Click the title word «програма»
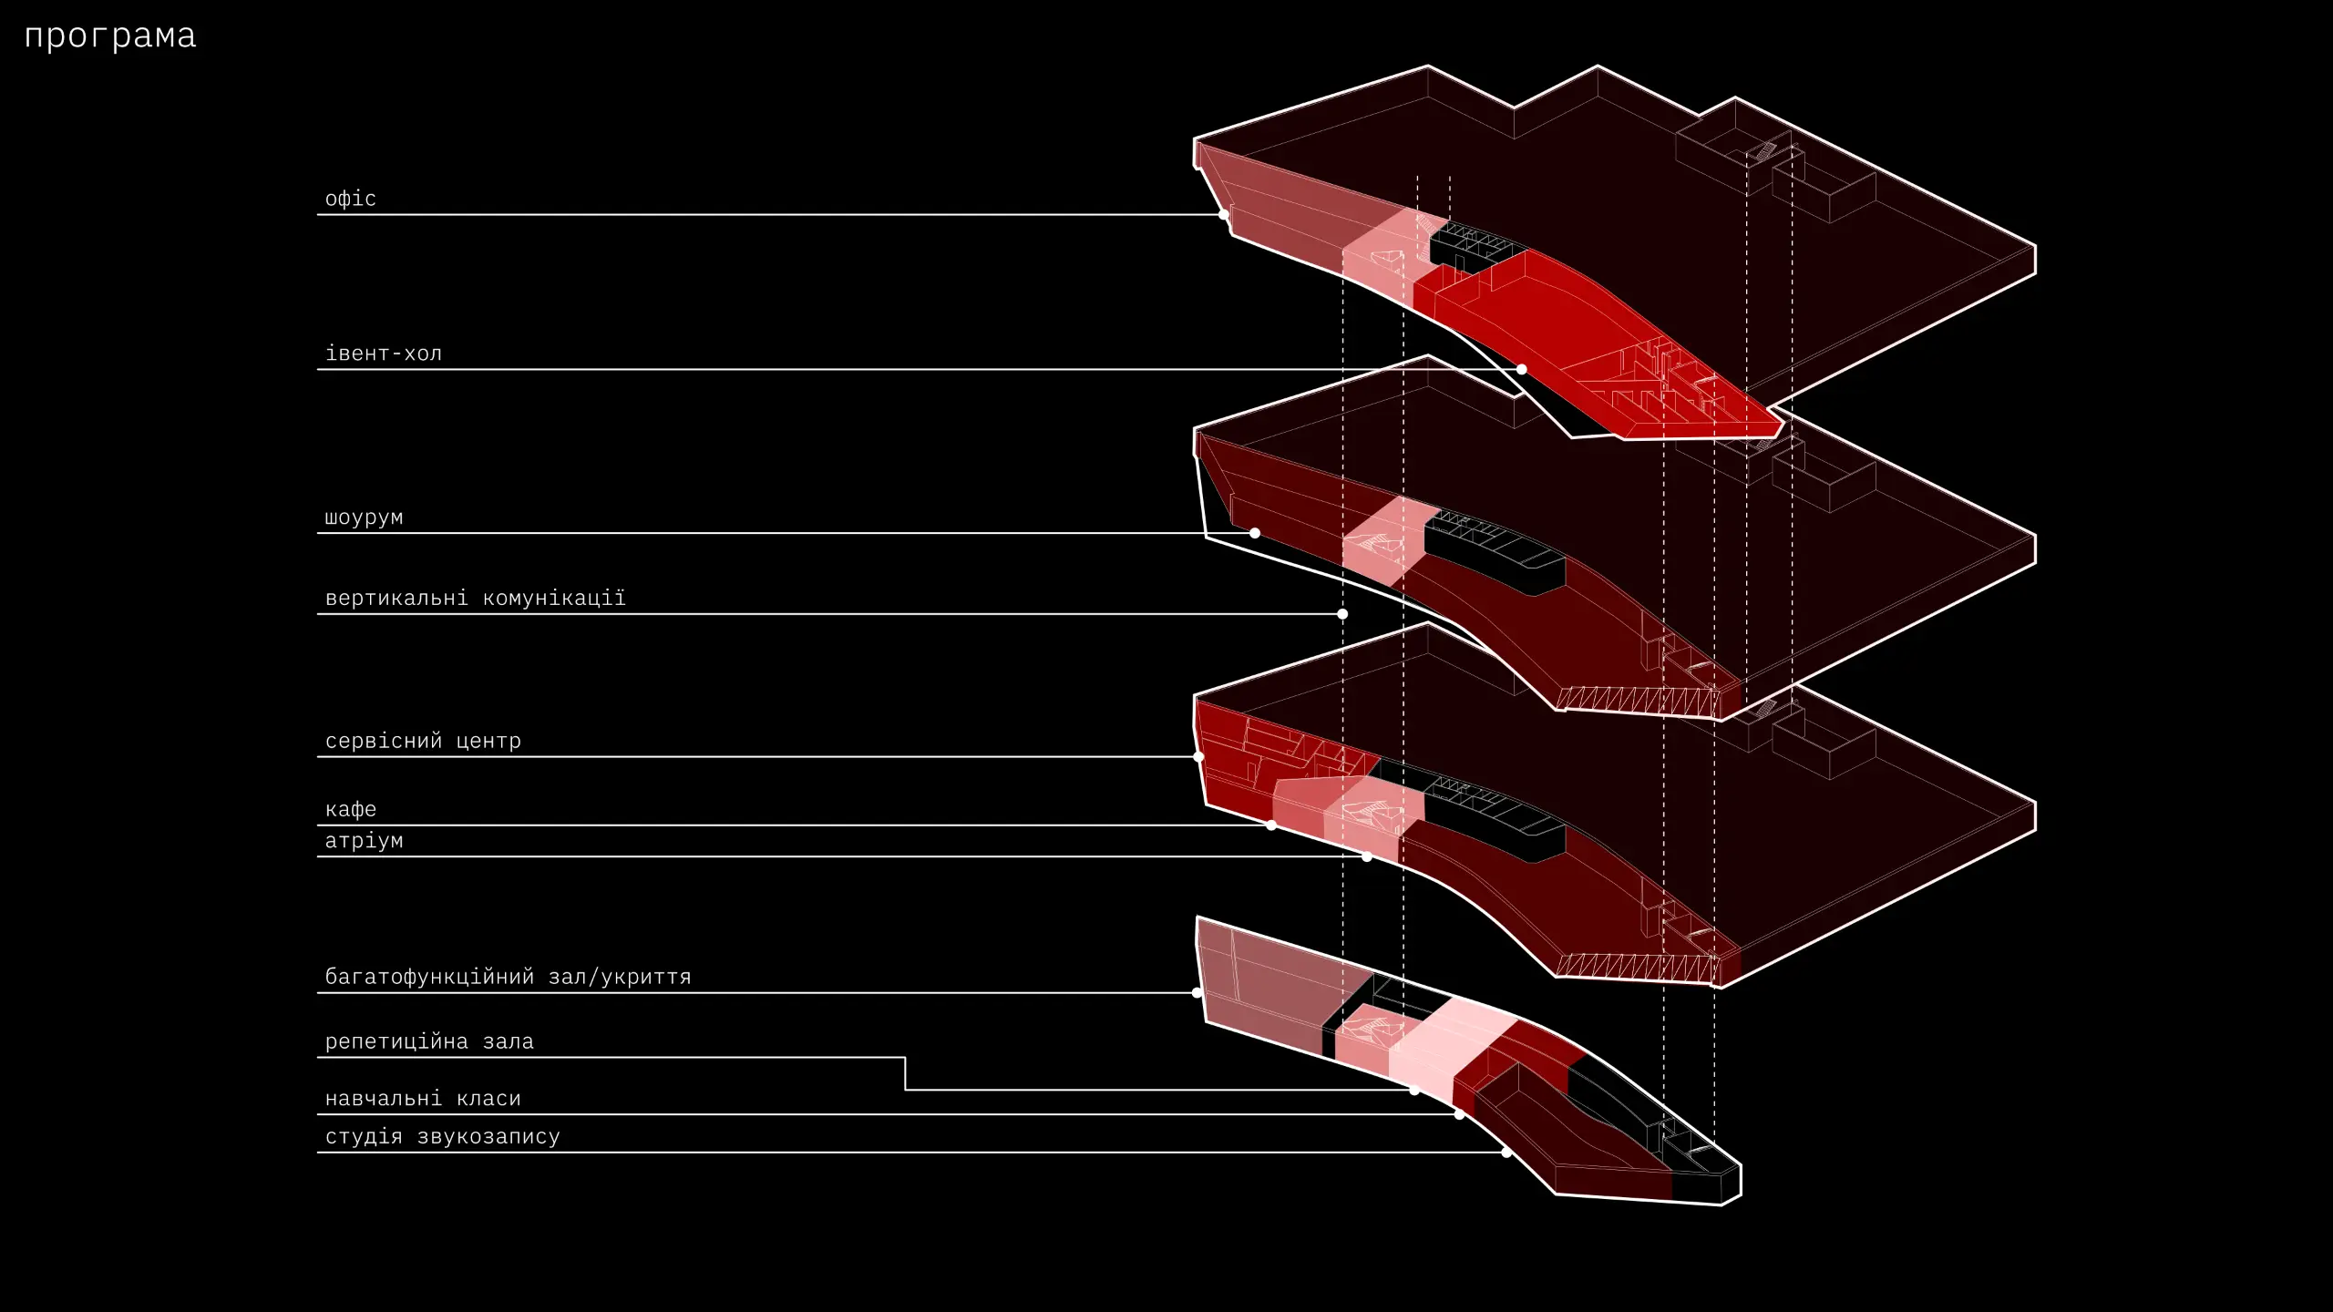tap(110, 36)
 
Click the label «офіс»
tap(350, 199)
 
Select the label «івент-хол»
tap(383, 354)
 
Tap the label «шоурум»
tap(364, 518)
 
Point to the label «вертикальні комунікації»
tap(475, 599)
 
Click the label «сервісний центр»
tap(423, 741)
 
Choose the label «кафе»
tap(350, 809)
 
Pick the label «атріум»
tap(364, 841)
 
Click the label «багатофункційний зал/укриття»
tap(508, 977)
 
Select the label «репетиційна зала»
tap(428, 1041)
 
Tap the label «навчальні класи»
tap(423, 1099)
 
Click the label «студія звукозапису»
tap(442, 1137)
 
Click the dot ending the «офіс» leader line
tap(1224, 215)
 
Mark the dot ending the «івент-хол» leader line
tap(1522, 369)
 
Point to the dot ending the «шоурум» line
tap(1255, 533)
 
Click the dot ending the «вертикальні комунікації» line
tap(1342, 614)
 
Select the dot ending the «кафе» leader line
tap(1271, 825)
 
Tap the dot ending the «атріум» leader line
tap(1367, 856)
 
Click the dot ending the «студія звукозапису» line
tap(1506, 1153)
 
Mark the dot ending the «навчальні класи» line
tap(1459, 1114)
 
